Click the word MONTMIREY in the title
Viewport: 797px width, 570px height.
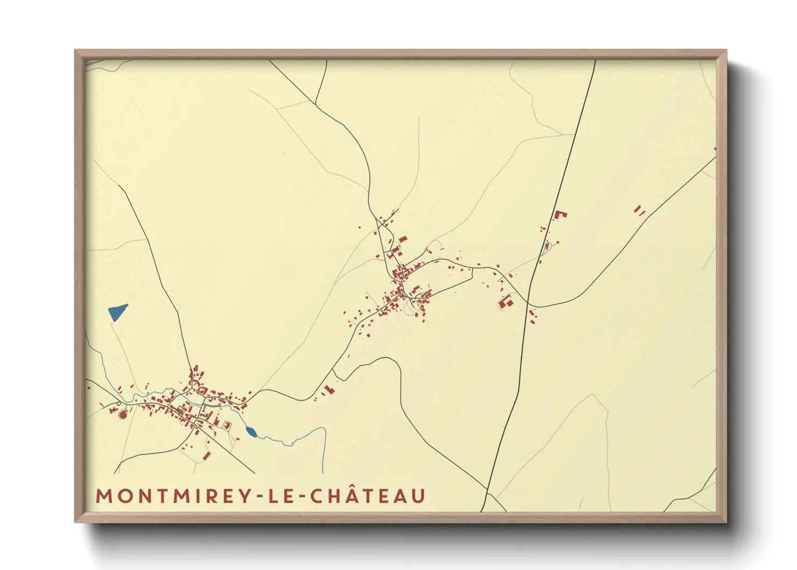[x=171, y=496]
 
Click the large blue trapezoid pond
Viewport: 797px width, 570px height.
[x=117, y=312]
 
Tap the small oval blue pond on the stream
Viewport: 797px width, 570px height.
[x=251, y=431]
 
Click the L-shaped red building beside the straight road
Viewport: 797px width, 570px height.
[x=561, y=214]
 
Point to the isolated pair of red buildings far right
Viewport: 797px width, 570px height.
[x=639, y=210]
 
